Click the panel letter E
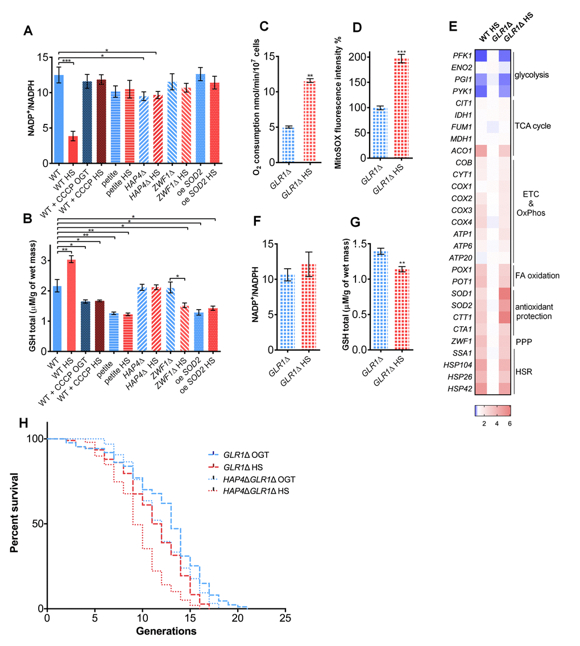coord(452,27)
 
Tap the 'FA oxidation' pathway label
coord(542,276)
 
